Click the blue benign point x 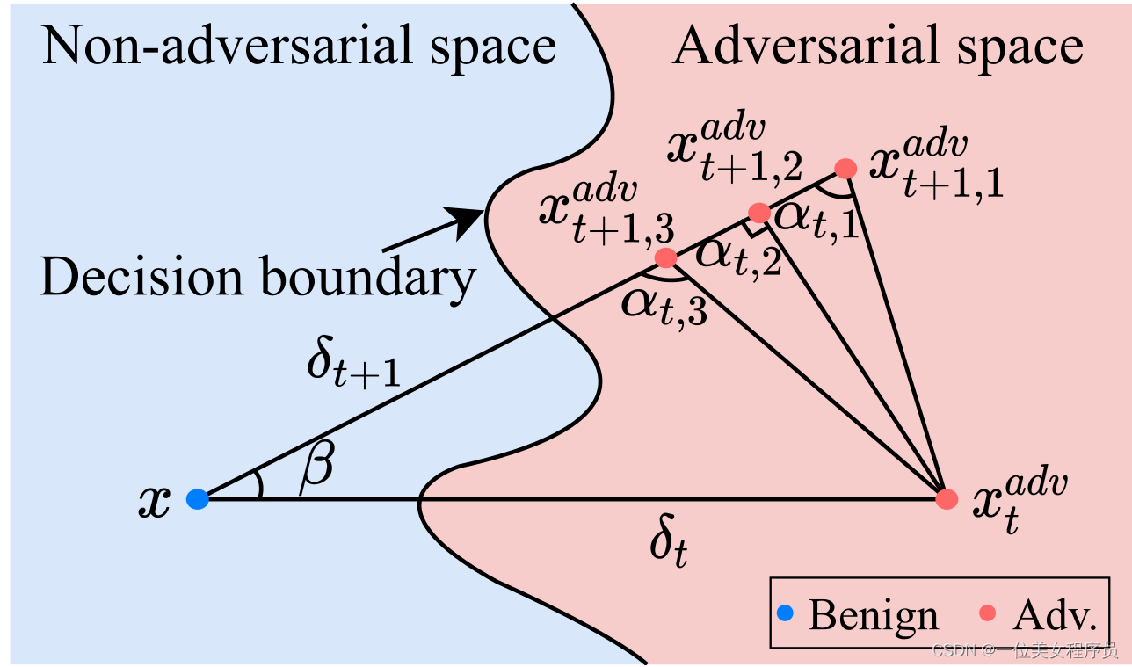[198, 499]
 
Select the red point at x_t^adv [947, 499]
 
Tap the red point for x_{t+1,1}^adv [845, 168]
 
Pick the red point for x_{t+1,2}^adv [759, 214]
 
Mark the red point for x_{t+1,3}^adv [665, 257]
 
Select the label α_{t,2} [739, 257]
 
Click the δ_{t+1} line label [354, 362]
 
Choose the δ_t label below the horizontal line [669, 540]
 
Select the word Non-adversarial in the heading [229, 46]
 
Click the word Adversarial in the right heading [806, 46]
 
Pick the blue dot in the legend [785, 613]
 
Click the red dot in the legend [987, 613]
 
